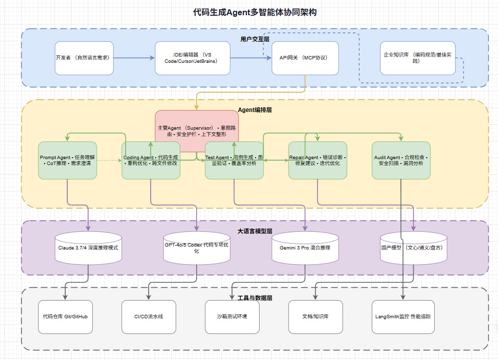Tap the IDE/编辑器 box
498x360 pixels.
(192, 58)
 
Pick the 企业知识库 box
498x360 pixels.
(418, 58)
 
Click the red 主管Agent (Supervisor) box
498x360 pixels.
(197, 131)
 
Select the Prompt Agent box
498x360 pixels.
(68, 160)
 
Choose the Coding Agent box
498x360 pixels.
(151, 160)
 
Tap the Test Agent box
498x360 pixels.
(234, 160)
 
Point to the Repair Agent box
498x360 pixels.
(317, 160)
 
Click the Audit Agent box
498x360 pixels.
(401, 160)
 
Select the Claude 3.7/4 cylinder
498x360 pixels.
(88, 248)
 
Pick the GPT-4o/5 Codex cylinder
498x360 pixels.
(197, 248)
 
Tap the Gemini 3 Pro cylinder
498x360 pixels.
(305, 248)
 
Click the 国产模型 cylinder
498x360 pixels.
(414, 248)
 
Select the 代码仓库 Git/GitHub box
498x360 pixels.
(65, 317)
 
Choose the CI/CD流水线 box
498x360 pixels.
(148, 317)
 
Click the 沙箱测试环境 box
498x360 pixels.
(232, 317)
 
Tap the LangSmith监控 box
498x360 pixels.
(403, 317)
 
